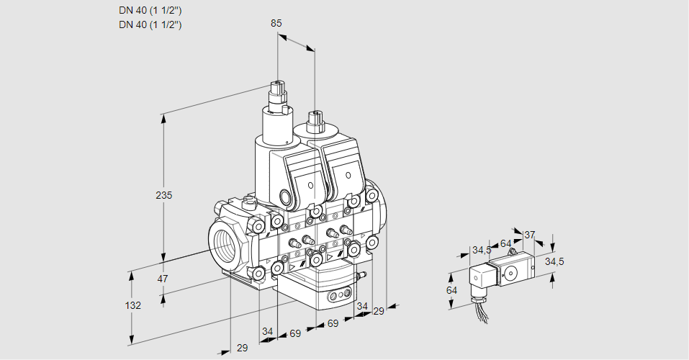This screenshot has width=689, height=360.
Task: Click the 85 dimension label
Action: [x=276, y=23]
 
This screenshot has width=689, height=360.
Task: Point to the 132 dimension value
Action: [x=132, y=305]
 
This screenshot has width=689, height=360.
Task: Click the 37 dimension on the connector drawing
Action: [x=529, y=234]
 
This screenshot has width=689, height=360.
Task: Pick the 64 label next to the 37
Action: [x=505, y=243]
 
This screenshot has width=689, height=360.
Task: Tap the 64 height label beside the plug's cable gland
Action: [x=452, y=290]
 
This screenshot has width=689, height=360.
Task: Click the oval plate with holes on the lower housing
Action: [x=338, y=296]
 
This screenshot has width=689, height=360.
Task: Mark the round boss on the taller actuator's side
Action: [x=286, y=197]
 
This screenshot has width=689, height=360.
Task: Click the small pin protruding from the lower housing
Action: [x=364, y=274]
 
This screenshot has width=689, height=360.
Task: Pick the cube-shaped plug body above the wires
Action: [x=480, y=276]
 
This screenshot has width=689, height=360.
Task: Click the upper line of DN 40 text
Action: [x=150, y=10]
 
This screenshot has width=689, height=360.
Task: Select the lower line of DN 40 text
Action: [x=150, y=24]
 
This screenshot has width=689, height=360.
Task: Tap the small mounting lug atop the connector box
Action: [x=513, y=253]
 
